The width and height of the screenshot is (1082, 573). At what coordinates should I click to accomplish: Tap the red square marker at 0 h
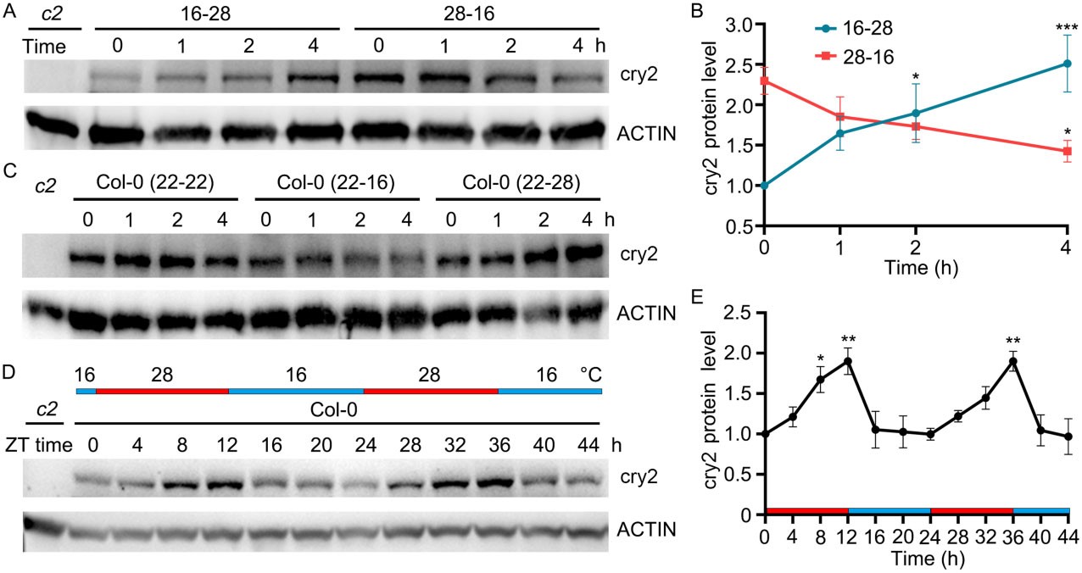[x=765, y=81]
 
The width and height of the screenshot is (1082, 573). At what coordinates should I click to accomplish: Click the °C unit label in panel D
[x=589, y=374]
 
